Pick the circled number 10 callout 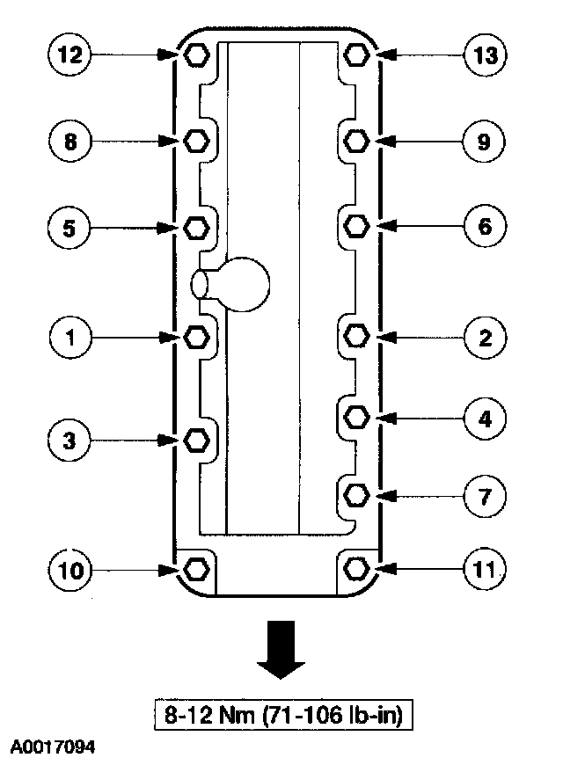pos(69,571)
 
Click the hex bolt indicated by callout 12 pos(195,55)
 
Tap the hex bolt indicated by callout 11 pos(356,569)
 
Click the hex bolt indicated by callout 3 pos(195,439)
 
